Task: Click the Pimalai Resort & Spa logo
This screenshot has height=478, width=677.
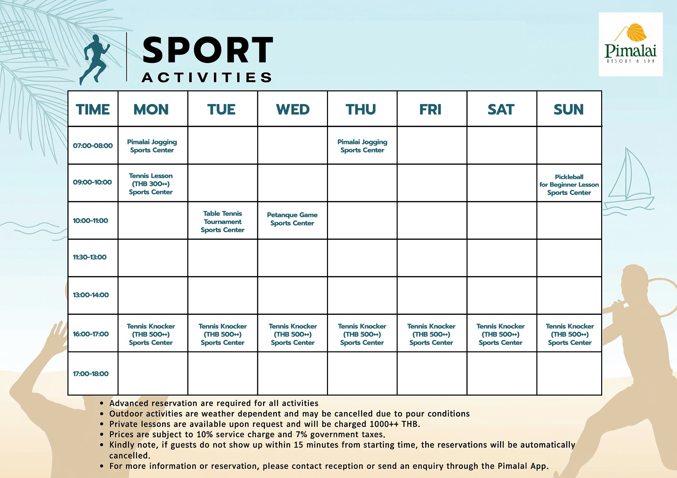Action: (x=631, y=44)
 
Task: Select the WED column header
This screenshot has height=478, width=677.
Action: (x=293, y=110)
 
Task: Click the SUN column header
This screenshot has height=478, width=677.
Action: (x=569, y=110)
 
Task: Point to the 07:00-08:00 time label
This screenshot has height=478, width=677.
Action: (x=93, y=146)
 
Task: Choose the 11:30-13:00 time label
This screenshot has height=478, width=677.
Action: (x=90, y=257)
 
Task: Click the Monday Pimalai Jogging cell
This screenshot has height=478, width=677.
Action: (x=152, y=146)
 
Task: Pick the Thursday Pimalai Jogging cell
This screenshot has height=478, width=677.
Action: (x=362, y=146)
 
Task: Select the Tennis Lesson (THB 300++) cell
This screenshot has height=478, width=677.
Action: (x=151, y=184)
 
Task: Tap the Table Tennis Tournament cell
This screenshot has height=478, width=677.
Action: (x=222, y=222)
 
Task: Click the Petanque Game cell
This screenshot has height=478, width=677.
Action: (x=292, y=219)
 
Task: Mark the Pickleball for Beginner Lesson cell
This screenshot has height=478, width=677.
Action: (x=569, y=185)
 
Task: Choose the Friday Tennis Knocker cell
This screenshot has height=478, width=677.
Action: (x=431, y=334)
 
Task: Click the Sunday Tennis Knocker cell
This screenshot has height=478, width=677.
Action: (x=570, y=334)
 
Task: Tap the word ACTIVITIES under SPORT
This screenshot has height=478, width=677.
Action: (x=207, y=77)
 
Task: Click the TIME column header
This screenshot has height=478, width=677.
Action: (x=93, y=110)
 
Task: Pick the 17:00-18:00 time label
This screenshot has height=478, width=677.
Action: (x=91, y=374)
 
